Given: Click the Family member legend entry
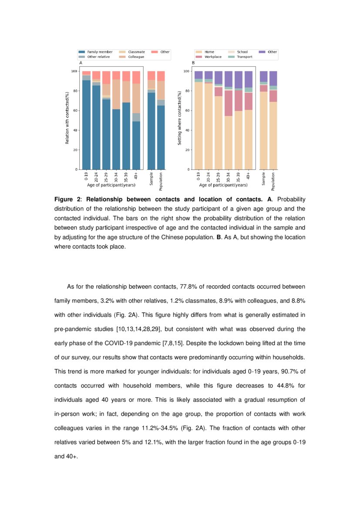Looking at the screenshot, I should click(x=100, y=52).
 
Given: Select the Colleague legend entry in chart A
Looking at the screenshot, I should click(x=136, y=57).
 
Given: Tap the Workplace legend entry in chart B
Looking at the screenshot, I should click(x=213, y=57).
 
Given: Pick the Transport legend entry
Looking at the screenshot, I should click(x=244, y=57).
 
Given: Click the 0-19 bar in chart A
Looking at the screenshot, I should click(x=86, y=122).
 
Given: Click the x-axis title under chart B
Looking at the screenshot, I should click(x=223, y=185).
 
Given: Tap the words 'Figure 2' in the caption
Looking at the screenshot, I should click(x=67, y=199).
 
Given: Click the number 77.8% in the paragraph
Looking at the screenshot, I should click(x=188, y=287).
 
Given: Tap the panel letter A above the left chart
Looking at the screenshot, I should click(x=81, y=63).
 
